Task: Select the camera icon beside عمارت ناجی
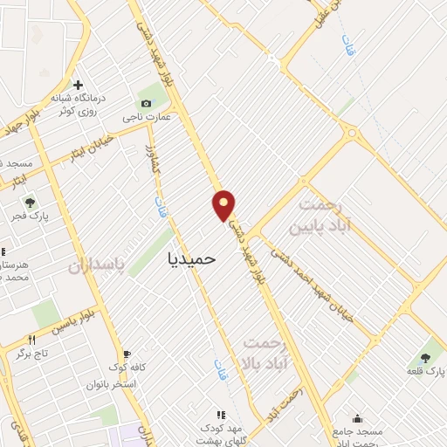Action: click(x=146, y=103)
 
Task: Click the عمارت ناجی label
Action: click(x=146, y=116)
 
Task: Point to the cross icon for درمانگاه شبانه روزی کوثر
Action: click(x=78, y=86)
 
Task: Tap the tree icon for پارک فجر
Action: click(x=31, y=203)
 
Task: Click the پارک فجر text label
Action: click(x=31, y=216)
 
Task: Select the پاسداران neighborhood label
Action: click(x=98, y=265)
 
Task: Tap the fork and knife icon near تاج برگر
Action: click(x=32, y=340)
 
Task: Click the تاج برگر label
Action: click(x=34, y=354)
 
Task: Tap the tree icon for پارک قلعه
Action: click(x=425, y=357)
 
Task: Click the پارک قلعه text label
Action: click(x=425, y=371)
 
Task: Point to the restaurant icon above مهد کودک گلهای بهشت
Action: click(x=221, y=415)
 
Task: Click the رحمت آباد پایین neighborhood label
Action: click(x=329, y=214)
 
